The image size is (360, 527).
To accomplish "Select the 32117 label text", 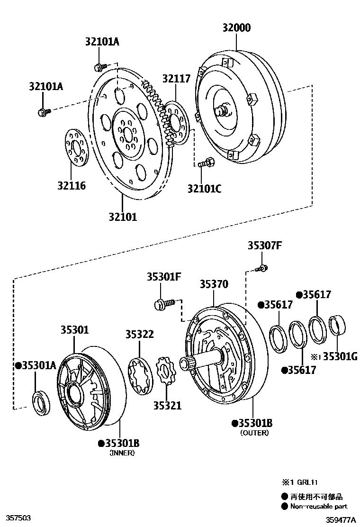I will (177, 79).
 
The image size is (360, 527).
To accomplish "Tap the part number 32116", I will (72, 185).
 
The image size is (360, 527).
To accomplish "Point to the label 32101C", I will (204, 189).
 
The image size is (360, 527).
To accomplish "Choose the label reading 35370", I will (214, 284).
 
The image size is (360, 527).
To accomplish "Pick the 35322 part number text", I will (139, 334).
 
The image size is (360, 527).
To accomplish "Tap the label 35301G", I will (340, 356).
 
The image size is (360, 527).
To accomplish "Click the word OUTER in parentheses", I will (254, 433).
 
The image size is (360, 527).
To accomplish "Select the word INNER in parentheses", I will (122, 453).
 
